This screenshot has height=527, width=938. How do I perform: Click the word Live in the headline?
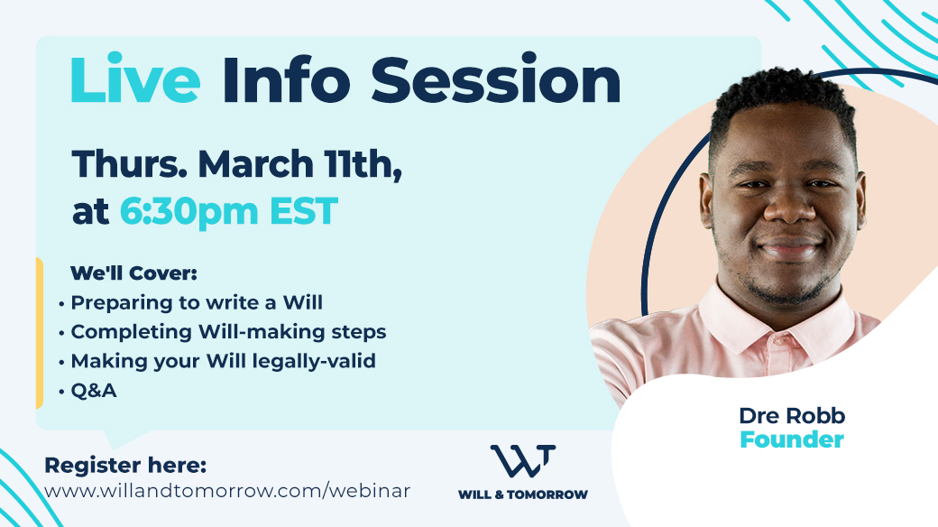pyautogui.click(x=135, y=80)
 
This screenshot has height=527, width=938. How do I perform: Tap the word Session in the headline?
pyautogui.click(x=496, y=80)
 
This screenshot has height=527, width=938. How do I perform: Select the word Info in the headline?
pyautogui.click(x=286, y=80)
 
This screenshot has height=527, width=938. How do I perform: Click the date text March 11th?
pyautogui.click(x=299, y=164)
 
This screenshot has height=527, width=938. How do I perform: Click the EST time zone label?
pyautogui.click(x=304, y=211)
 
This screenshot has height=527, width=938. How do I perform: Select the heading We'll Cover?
pyautogui.click(x=133, y=273)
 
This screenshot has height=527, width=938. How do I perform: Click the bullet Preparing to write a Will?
pyautogui.click(x=197, y=302)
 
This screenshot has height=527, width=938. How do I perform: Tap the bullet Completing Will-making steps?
pyautogui.click(x=228, y=332)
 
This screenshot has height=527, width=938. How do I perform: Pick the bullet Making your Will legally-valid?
pyautogui.click(x=223, y=361)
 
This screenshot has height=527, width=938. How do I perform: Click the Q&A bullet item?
pyautogui.click(x=93, y=391)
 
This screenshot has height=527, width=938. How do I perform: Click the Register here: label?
pyautogui.click(x=125, y=466)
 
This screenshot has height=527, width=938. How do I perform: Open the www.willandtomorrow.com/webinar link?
pyautogui.click(x=227, y=491)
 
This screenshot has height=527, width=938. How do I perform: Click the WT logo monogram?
pyautogui.click(x=522, y=460)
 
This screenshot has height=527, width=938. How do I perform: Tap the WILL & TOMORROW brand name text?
pyautogui.click(x=523, y=495)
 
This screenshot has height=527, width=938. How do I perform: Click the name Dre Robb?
pyautogui.click(x=792, y=416)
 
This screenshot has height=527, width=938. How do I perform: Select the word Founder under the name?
pyautogui.click(x=792, y=439)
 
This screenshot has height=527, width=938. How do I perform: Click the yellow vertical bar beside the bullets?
pyautogui.click(x=40, y=334)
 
